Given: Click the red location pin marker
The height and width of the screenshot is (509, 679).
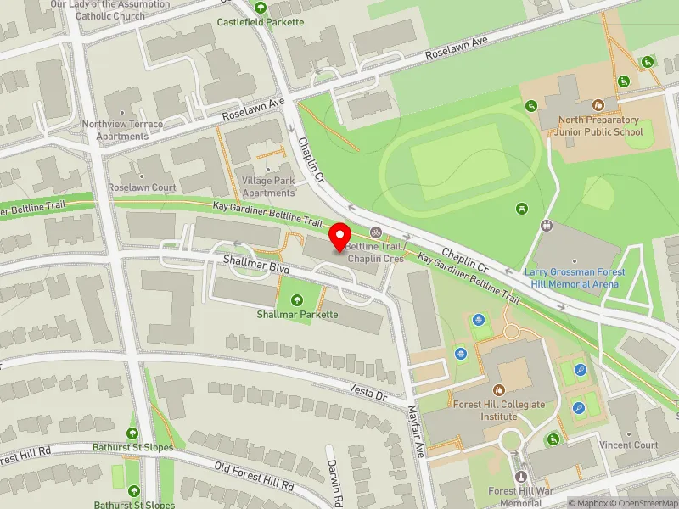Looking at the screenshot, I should pyautogui.click(x=340, y=237).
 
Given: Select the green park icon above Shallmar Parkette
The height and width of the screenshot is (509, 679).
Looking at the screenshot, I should pyautogui.click(x=297, y=299).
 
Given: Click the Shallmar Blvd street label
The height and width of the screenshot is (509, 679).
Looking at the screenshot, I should pyautogui.click(x=257, y=267).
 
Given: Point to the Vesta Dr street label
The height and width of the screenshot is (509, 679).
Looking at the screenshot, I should pyautogui.click(x=368, y=391).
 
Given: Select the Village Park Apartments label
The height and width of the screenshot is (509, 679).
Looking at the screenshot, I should pyautogui.click(x=268, y=187).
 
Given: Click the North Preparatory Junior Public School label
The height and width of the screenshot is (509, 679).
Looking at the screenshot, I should pyautogui.click(x=599, y=126).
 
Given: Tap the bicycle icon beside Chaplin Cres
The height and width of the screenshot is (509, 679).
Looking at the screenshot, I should pyautogui.click(x=375, y=232).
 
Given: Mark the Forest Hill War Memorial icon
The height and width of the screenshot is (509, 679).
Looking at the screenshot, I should pyautogui.click(x=521, y=477).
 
